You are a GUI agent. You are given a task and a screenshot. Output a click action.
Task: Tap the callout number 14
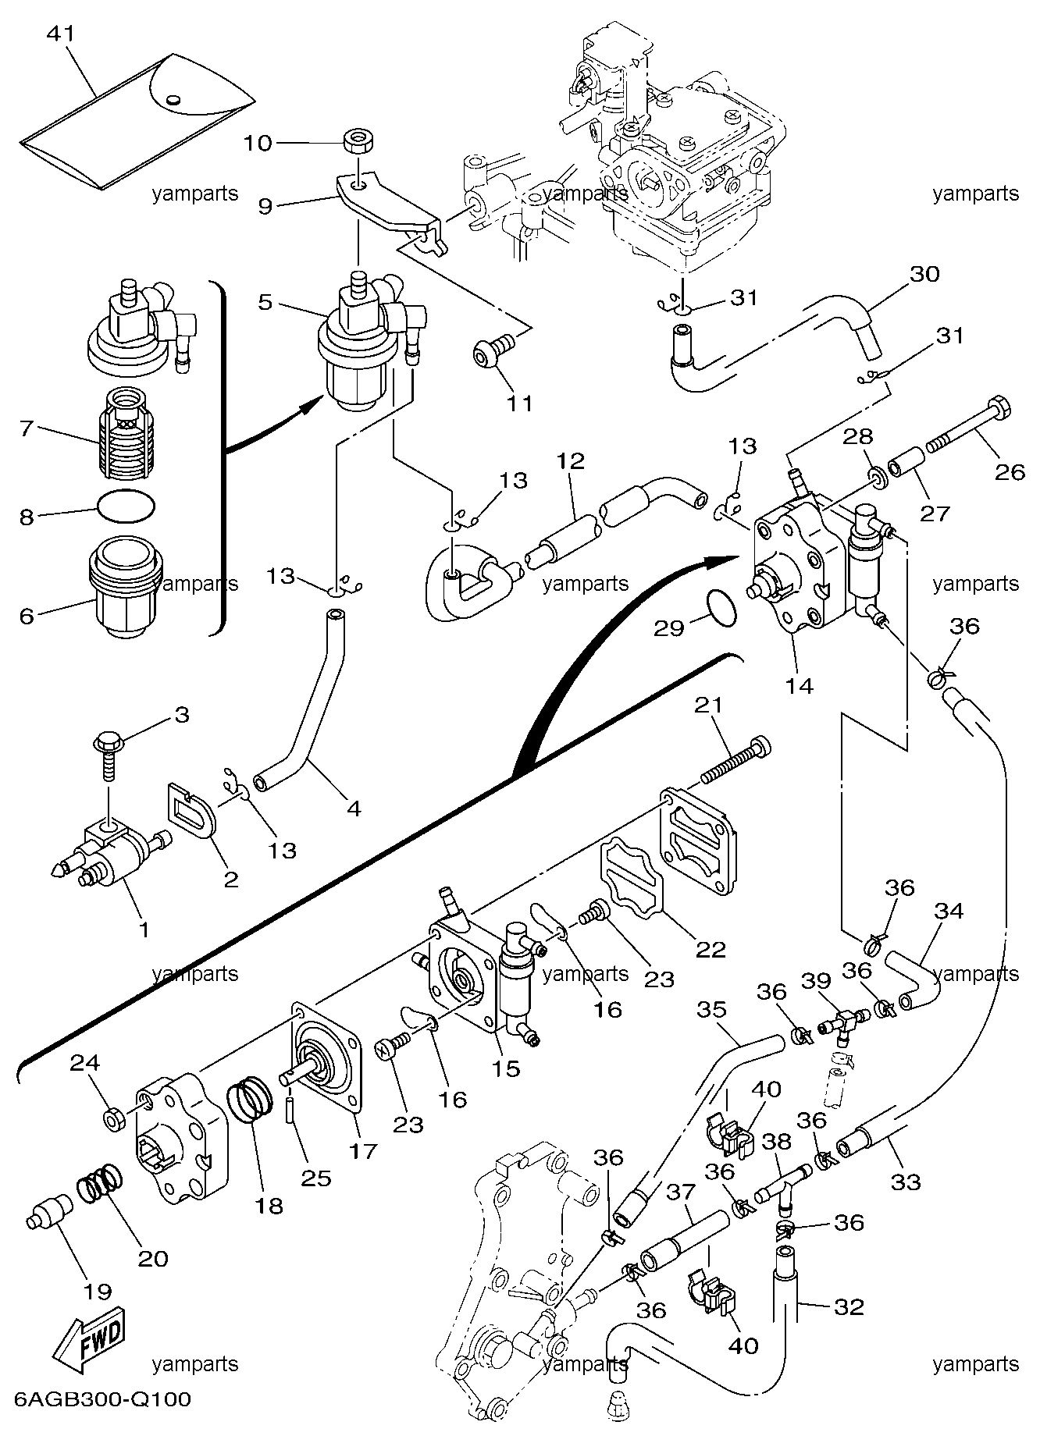coord(801,686)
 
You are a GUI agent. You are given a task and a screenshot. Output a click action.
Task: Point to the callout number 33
coord(906,1182)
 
